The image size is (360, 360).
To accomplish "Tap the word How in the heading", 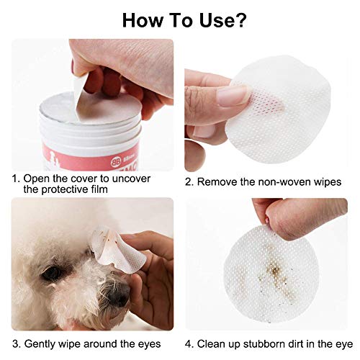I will pos(143,20).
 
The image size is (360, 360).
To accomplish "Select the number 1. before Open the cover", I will pos(16,176).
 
